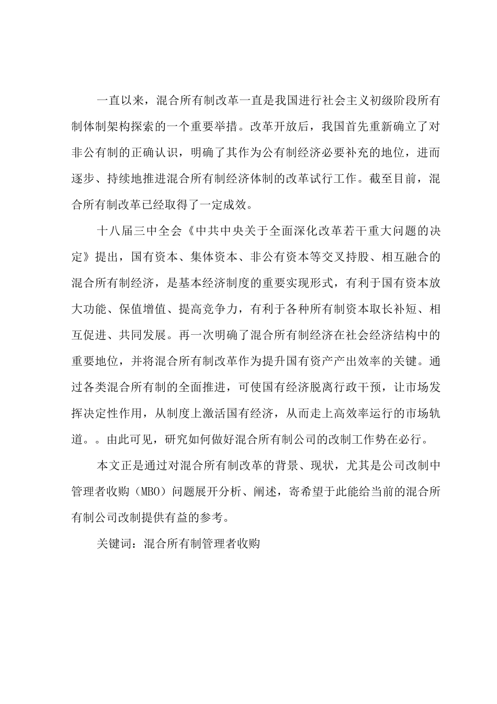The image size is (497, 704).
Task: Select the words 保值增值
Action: pyautogui.click(x=138, y=309)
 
